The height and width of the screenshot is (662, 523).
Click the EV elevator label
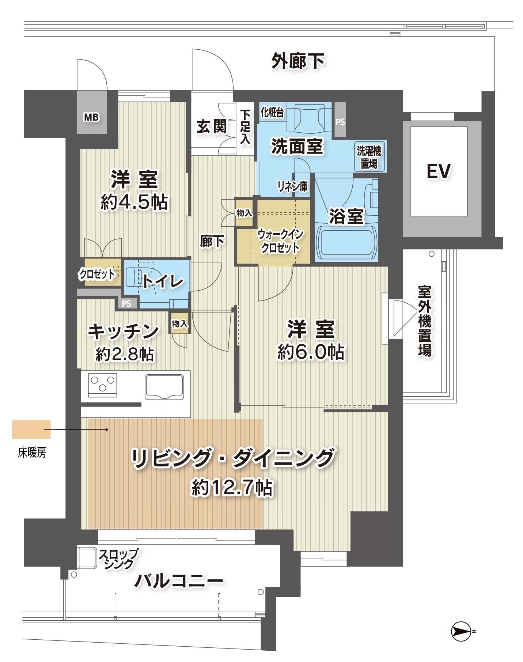[439, 171]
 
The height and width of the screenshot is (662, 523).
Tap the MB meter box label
[91, 117]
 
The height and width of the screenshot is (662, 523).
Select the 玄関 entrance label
[212, 126]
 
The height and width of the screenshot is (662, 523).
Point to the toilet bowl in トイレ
[136, 277]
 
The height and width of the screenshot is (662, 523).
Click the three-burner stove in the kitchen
[103, 385]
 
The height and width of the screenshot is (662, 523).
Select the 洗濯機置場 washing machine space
[369, 156]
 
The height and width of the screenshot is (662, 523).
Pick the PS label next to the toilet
[126, 304]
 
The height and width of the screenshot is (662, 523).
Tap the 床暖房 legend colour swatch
[31, 430]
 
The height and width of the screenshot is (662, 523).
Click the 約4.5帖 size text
[134, 202]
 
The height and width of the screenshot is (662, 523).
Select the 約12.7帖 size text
[232, 487]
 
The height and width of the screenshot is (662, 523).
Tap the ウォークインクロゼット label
[280, 241]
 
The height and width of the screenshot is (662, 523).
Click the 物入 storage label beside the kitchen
[180, 324]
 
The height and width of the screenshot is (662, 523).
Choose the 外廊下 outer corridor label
[298, 61]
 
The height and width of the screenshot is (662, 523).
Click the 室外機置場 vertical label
[425, 321]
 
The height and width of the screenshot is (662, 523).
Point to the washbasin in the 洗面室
[310, 118]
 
